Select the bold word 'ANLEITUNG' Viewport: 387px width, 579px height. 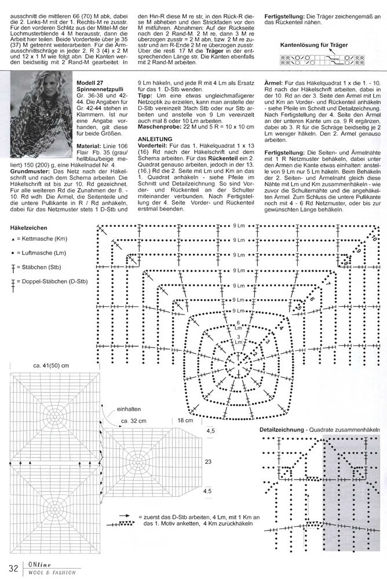(156, 140)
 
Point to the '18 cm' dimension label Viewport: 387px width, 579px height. (185, 420)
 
